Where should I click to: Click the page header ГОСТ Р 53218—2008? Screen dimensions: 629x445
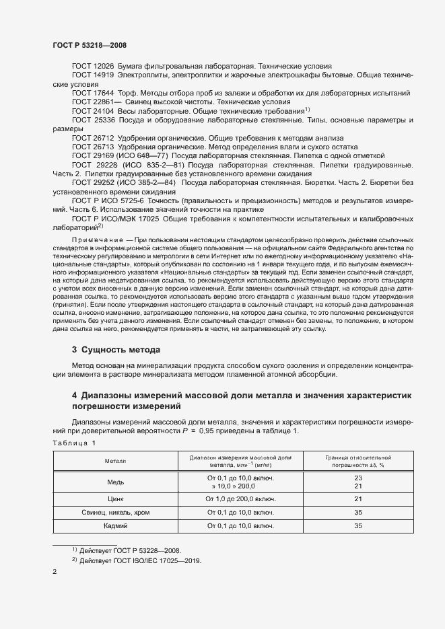coord(89,45)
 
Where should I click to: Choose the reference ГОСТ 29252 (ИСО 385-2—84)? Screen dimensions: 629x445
coord(123,182)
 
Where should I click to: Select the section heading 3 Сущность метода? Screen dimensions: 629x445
coord(116,350)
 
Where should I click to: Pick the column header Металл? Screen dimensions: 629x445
coord(115,461)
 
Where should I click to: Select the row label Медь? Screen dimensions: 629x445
coord(115,482)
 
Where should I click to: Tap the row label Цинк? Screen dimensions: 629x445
coord(115,499)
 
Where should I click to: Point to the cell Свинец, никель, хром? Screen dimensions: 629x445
coord(115,513)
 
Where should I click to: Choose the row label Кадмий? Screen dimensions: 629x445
coord(115,526)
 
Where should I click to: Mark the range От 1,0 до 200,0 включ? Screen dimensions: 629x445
coord(240,499)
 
